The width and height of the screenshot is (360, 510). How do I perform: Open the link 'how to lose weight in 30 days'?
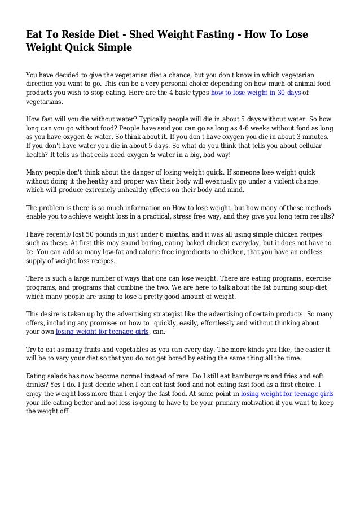pyautogui.click(x=255, y=93)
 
